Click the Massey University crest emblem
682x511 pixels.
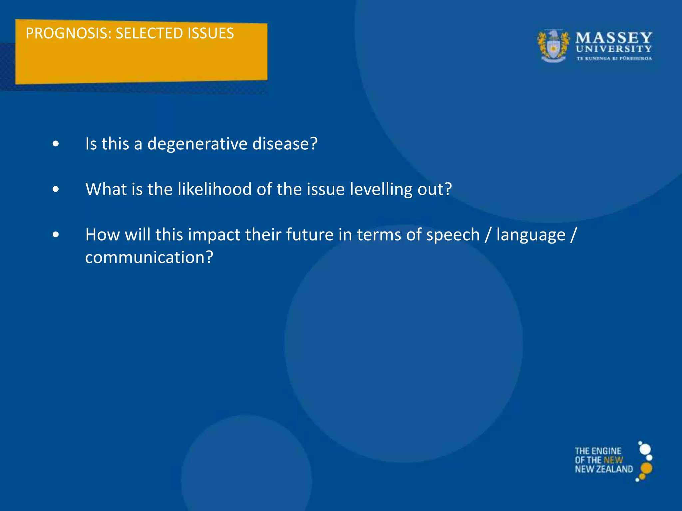pyautogui.click(x=553, y=46)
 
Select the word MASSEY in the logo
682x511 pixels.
pyautogui.click(x=614, y=38)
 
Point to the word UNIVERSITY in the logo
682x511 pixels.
pyautogui.click(x=614, y=49)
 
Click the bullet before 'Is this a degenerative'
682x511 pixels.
pyautogui.click(x=56, y=144)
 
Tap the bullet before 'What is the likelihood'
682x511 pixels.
pyautogui.click(x=56, y=189)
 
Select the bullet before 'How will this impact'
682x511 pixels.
pyautogui.click(x=56, y=235)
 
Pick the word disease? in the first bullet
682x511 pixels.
pyautogui.click(x=285, y=144)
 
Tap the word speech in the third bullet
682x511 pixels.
pyautogui.click(x=453, y=235)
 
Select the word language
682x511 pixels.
pyautogui.click(x=531, y=235)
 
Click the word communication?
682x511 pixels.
pyautogui.click(x=149, y=257)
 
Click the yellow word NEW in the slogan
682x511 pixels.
pyautogui.click(x=613, y=460)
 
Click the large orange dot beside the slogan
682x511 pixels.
pyautogui.click(x=646, y=468)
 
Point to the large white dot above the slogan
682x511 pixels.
pyautogui.click(x=645, y=449)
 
